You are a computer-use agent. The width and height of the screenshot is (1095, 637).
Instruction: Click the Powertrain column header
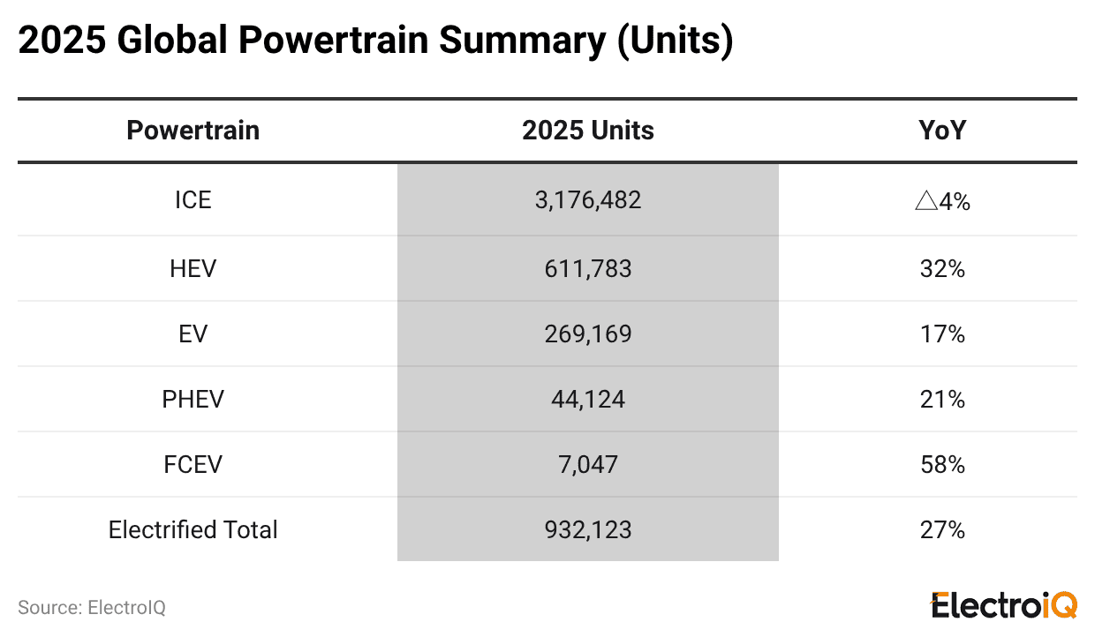[193, 131]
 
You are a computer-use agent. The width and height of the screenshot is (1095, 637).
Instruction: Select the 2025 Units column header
[587, 131]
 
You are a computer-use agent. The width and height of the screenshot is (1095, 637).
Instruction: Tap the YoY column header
[942, 131]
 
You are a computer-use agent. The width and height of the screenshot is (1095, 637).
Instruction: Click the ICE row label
[193, 200]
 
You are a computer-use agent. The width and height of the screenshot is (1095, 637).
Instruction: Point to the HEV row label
[193, 268]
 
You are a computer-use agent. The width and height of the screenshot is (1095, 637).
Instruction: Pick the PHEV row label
[193, 399]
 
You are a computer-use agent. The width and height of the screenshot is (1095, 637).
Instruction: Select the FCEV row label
[193, 464]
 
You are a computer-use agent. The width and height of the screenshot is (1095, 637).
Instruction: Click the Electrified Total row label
[193, 529]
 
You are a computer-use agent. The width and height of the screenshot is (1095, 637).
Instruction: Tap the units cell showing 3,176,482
[587, 200]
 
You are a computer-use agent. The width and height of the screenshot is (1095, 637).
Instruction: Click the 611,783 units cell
[587, 268]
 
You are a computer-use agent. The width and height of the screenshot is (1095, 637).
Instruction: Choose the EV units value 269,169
[587, 333]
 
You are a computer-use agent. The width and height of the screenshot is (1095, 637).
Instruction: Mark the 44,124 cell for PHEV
[587, 399]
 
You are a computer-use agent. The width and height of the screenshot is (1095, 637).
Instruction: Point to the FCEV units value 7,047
[587, 464]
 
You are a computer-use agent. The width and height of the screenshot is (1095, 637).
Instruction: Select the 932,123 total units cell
[587, 529]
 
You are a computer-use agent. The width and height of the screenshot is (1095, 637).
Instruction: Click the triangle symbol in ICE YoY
[925, 201]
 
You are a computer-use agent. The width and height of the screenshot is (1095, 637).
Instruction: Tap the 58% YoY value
[942, 464]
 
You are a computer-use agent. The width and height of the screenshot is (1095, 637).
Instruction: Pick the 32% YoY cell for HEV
[942, 268]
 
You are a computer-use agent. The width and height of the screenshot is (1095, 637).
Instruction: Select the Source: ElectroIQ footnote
[92, 608]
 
